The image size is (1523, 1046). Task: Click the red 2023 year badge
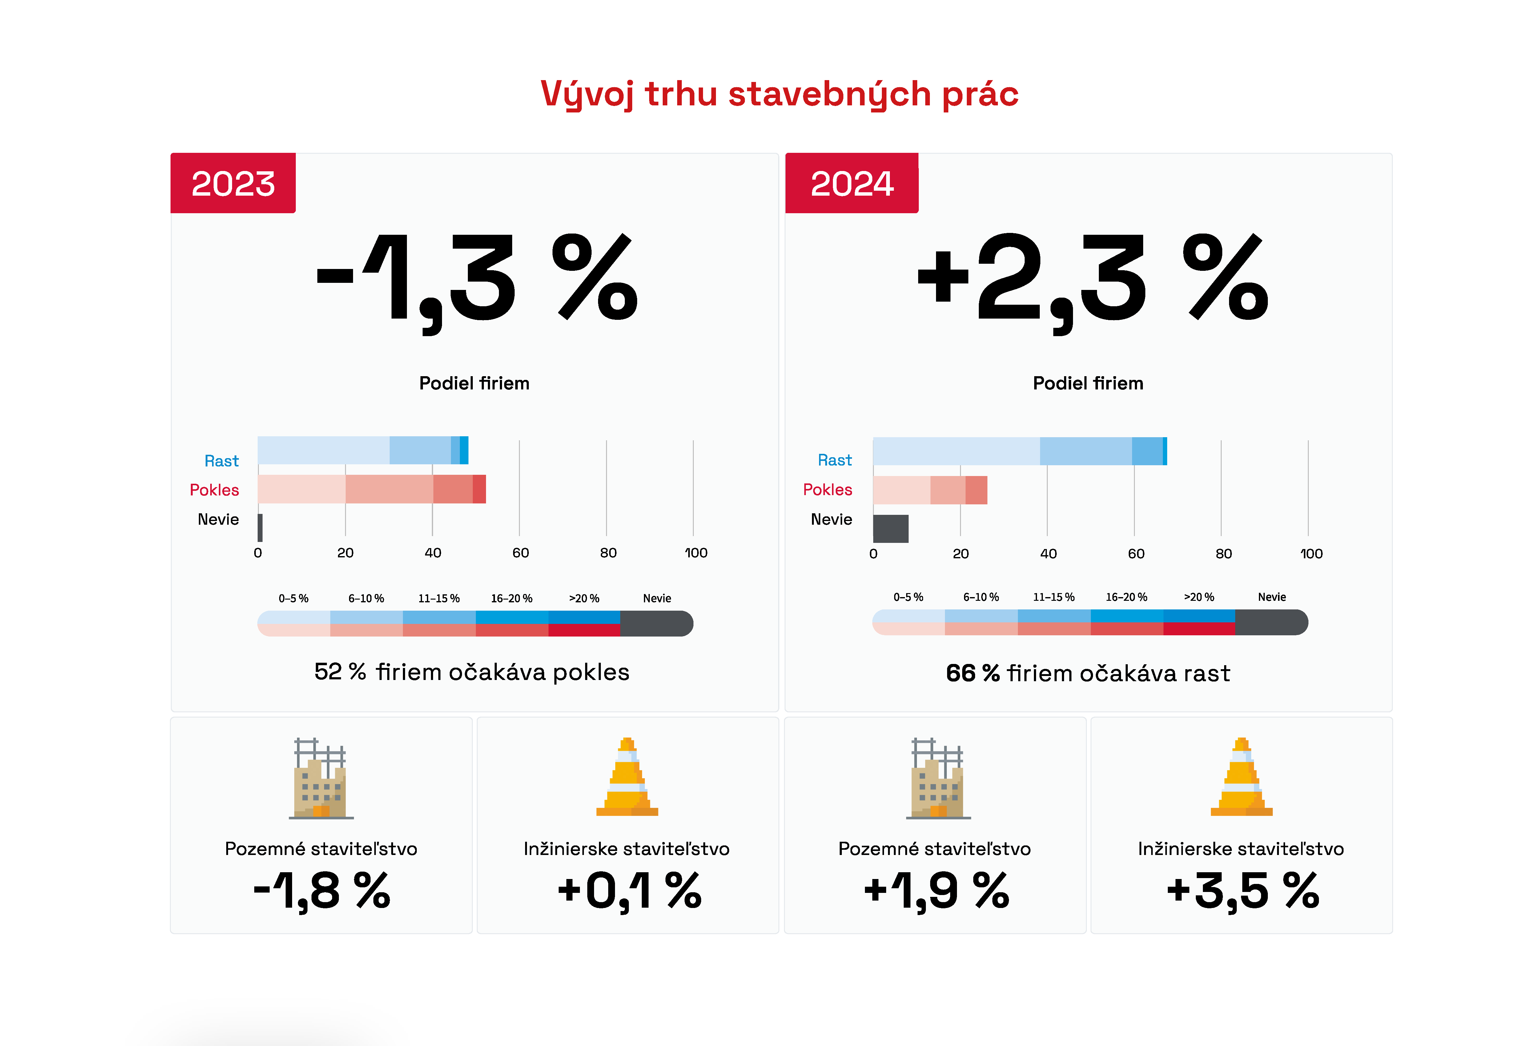[x=233, y=183]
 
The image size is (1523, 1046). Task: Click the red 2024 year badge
[x=851, y=183]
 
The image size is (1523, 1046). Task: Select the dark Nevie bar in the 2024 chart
[x=890, y=529]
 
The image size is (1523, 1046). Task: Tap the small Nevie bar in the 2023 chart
[x=260, y=528]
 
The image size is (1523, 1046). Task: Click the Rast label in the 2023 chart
[x=222, y=461]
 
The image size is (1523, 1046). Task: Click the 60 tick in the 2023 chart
[x=520, y=553]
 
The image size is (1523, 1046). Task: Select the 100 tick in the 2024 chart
[x=1311, y=553]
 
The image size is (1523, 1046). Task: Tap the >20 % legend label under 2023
[x=584, y=598]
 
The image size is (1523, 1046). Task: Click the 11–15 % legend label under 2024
[x=1054, y=597]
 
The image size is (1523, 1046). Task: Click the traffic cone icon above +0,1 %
[x=627, y=777]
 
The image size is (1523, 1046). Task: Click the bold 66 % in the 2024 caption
[x=973, y=674]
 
